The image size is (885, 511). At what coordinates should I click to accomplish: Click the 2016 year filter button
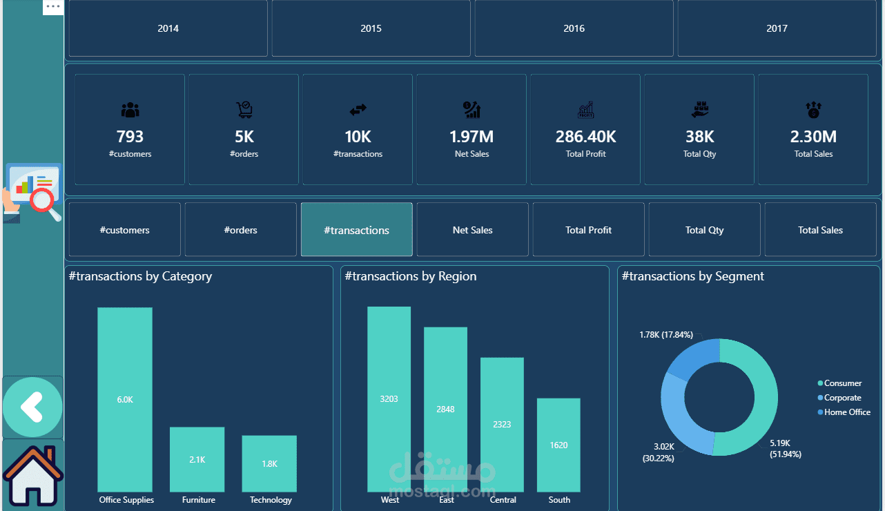pyautogui.click(x=574, y=28)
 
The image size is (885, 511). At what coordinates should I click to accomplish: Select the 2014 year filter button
pyautogui.click(x=168, y=28)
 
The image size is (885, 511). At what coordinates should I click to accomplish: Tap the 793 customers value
pyautogui.click(x=130, y=137)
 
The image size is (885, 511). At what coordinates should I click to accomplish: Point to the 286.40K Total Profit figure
pyautogui.click(x=585, y=137)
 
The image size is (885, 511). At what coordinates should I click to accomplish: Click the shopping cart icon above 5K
pyautogui.click(x=244, y=109)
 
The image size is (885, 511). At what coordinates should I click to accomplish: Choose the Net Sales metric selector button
pyautogui.click(x=473, y=230)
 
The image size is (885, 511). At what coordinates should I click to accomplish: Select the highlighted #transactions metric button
pyautogui.click(x=356, y=230)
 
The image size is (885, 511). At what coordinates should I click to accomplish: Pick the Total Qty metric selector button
pyautogui.click(x=704, y=230)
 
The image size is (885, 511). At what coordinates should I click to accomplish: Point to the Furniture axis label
pyautogui.click(x=198, y=500)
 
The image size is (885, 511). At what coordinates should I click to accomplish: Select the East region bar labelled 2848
pyautogui.click(x=445, y=409)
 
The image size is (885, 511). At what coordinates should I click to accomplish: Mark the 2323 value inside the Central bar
pyautogui.click(x=502, y=424)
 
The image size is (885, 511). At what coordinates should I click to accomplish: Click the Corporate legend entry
pyautogui.click(x=842, y=398)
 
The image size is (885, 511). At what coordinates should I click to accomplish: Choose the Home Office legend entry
pyautogui.click(x=846, y=412)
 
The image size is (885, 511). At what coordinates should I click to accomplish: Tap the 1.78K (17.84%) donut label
pyautogui.click(x=666, y=335)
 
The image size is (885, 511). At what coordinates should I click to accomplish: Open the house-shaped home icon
pyautogui.click(x=32, y=476)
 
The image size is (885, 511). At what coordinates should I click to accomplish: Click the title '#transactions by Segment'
pyautogui.click(x=692, y=276)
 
